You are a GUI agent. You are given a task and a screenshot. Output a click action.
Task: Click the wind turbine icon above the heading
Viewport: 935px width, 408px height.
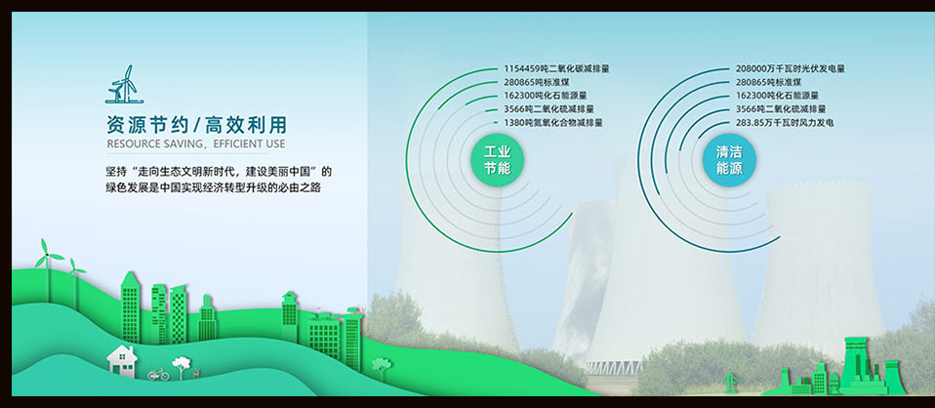tap(122, 84)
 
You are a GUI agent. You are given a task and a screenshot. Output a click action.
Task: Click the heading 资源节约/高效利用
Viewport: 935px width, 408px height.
tap(196, 125)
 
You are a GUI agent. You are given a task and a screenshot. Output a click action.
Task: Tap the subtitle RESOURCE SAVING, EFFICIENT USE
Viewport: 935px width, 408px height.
tap(195, 143)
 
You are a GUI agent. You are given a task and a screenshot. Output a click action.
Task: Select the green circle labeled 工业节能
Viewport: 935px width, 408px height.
tap(497, 160)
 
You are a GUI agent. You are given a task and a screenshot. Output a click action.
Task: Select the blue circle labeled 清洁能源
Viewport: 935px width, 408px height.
tap(729, 160)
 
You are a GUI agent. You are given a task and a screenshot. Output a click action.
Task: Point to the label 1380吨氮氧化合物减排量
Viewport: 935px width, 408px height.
tap(553, 123)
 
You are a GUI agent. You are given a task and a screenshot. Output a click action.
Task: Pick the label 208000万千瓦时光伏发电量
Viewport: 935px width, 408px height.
tap(791, 68)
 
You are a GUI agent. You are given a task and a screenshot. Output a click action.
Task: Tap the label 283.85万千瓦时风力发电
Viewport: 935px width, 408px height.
tap(785, 123)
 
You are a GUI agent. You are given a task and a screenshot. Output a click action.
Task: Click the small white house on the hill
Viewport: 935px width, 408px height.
tap(122, 360)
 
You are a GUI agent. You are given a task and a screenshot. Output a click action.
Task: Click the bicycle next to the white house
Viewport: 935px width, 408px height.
tap(159, 374)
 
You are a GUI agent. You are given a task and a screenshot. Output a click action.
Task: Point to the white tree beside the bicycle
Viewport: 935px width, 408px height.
tap(181, 367)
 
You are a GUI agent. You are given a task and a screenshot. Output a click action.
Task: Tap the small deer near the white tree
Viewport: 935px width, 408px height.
tap(194, 374)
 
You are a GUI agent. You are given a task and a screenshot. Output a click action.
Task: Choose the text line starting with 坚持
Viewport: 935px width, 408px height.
tap(219, 172)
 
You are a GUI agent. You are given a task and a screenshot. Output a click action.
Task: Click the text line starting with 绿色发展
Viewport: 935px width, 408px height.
tap(214, 187)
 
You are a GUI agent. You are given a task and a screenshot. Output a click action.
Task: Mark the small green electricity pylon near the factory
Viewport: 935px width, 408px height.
tap(728, 383)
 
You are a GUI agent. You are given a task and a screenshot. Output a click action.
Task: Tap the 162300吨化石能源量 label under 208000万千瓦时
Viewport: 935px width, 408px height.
tap(777, 96)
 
